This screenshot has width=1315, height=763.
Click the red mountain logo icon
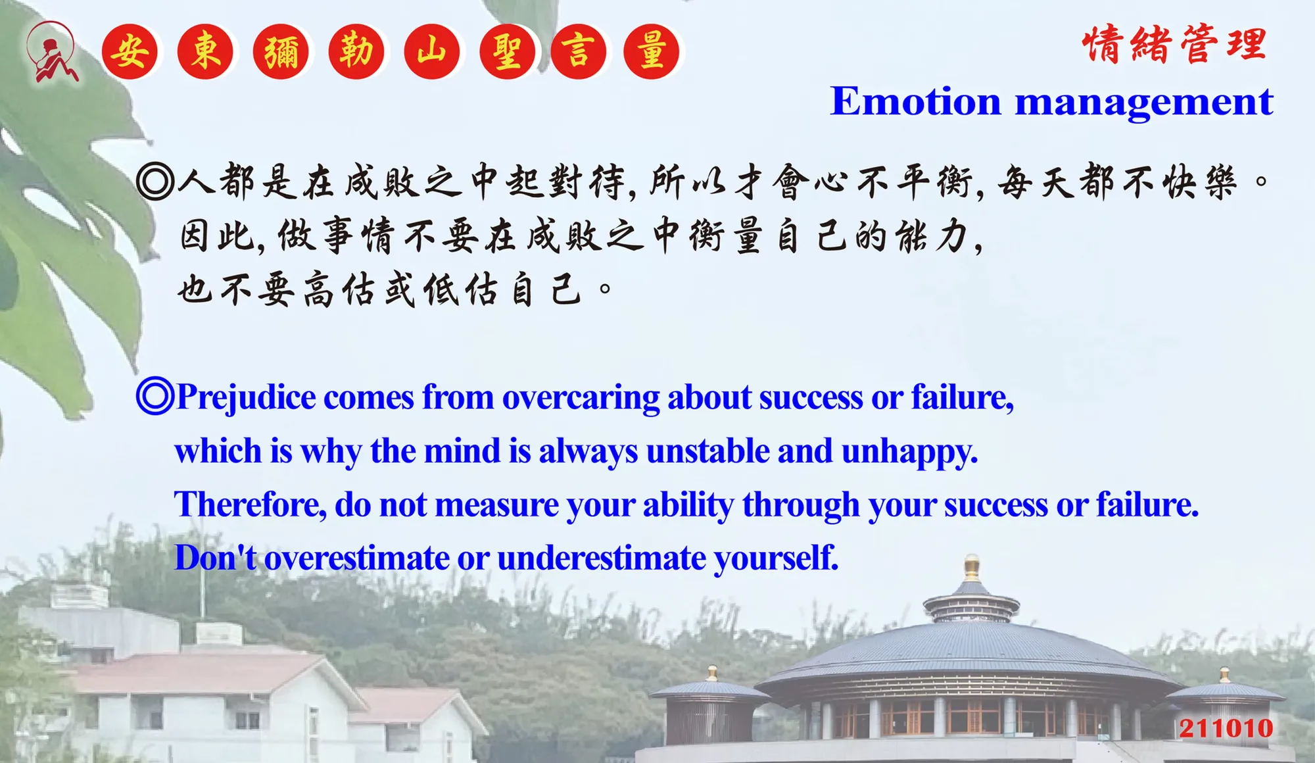point(51,51)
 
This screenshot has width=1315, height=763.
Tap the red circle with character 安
point(130,51)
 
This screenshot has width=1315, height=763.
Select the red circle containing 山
point(432,51)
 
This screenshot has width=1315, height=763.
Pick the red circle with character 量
point(651,51)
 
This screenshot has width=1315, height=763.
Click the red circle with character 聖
point(508,51)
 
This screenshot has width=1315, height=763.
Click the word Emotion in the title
point(915,101)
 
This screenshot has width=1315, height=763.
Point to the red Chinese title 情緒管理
point(1174,44)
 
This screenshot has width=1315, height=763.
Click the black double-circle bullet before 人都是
point(155,182)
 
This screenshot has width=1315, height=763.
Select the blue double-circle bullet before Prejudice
point(155,395)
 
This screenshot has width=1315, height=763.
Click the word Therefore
point(251,505)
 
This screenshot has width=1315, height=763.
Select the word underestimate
point(602,558)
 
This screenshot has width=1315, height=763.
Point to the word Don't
point(216,558)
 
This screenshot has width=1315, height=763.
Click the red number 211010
point(1226,728)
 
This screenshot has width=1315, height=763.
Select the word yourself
point(777,558)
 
